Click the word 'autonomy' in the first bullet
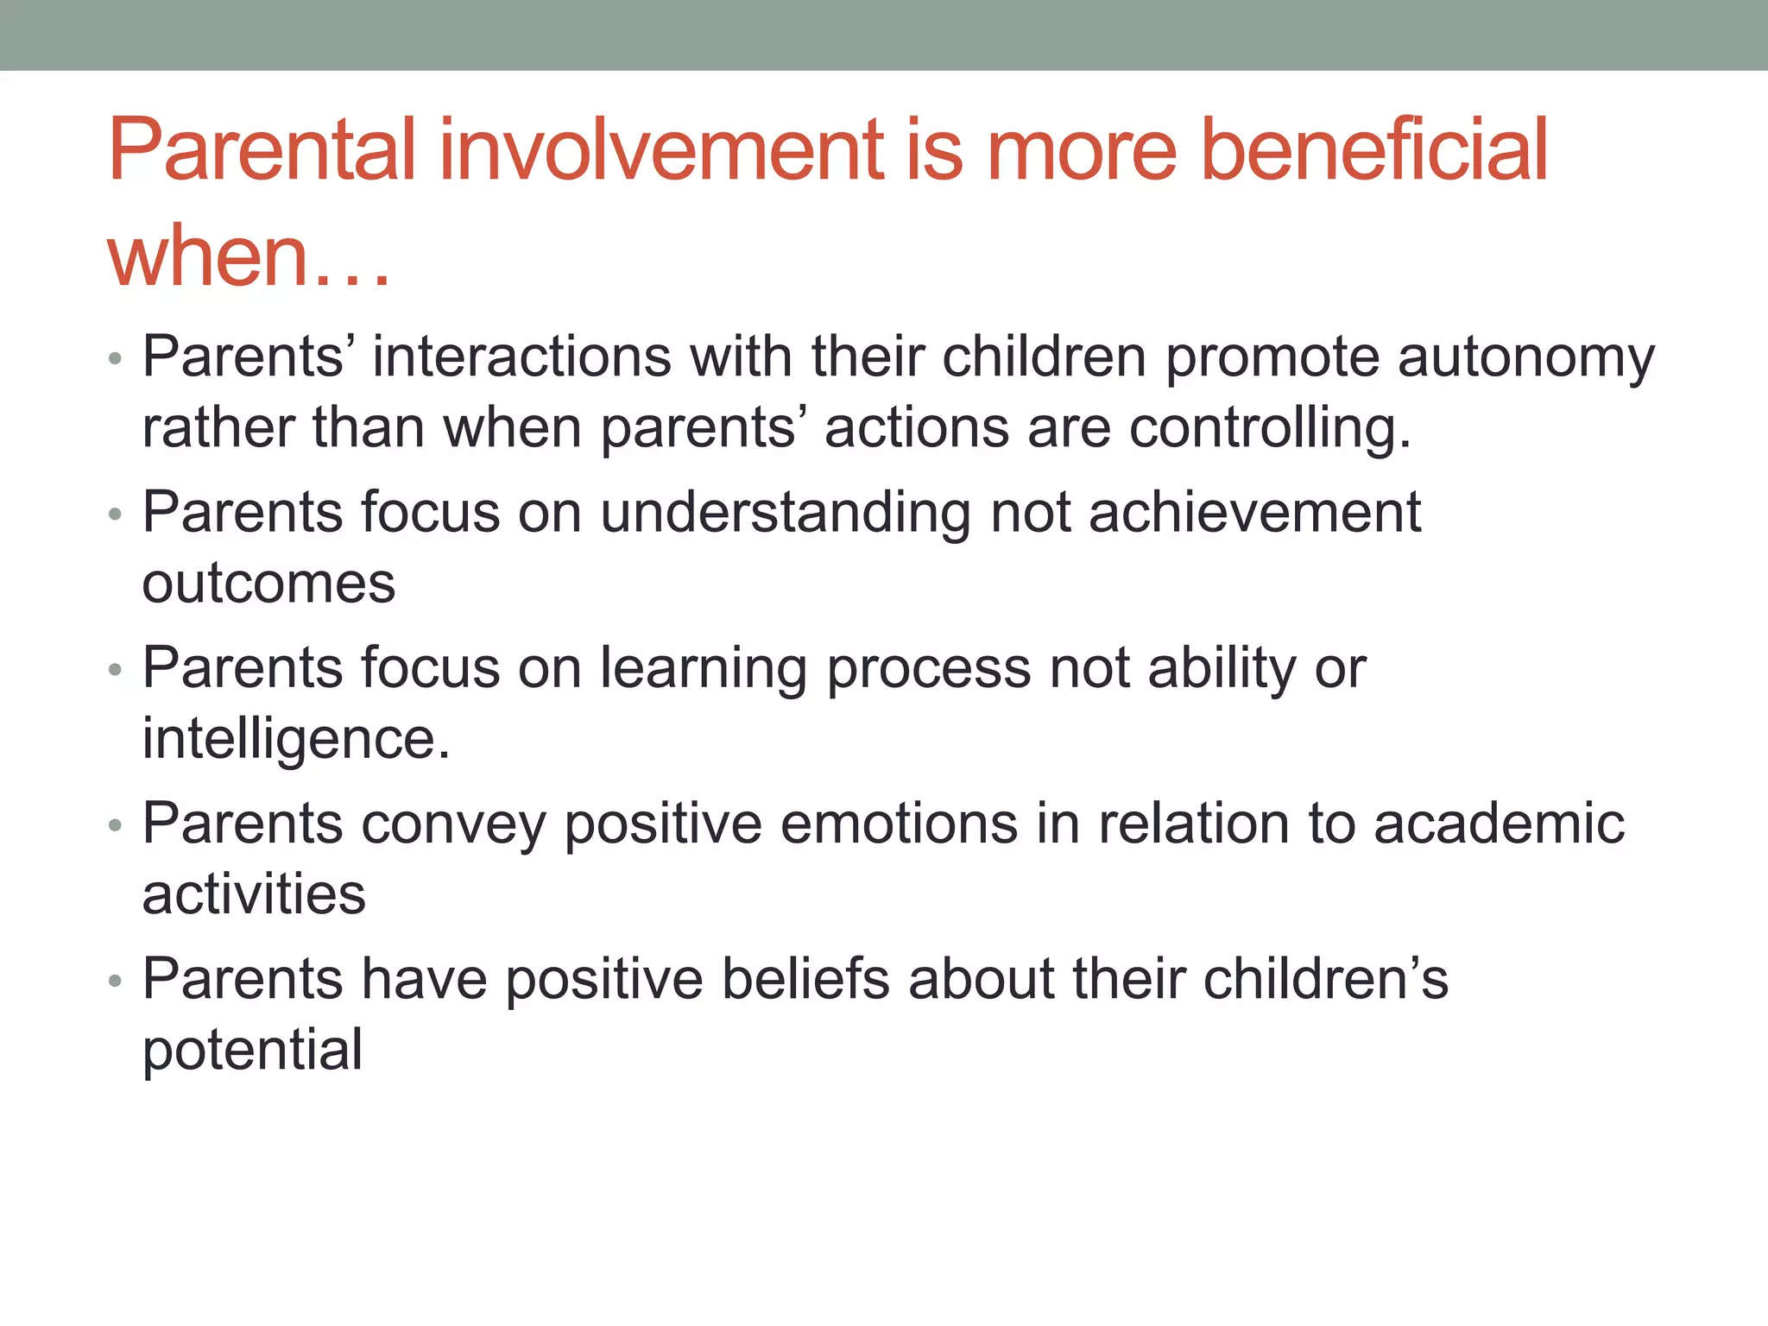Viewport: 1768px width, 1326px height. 1526,357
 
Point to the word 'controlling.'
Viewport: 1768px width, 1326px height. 1270,428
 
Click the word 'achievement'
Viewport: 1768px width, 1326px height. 1254,513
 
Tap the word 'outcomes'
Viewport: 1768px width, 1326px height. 268,584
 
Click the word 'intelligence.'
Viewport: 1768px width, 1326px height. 296,740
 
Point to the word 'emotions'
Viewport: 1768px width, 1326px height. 899,824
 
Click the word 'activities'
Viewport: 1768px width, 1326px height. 254,894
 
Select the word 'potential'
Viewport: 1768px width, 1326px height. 252,1051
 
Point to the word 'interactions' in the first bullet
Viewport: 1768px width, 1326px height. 521,357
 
